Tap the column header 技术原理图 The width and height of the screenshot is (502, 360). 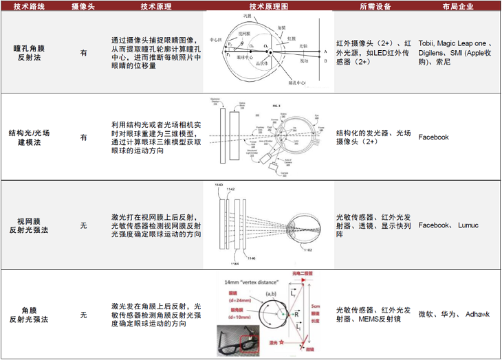(270, 6)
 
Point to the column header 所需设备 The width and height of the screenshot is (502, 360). (375, 6)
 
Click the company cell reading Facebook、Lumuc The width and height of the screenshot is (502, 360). (448, 225)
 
